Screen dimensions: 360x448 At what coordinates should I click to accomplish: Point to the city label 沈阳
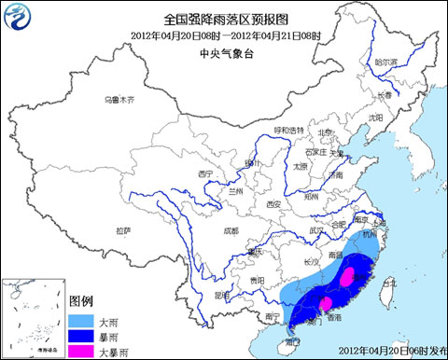375,118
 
